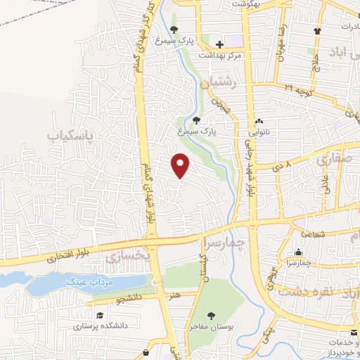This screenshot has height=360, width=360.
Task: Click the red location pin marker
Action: [x=181, y=165]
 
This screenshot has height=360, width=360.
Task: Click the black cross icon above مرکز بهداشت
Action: [x=220, y=44]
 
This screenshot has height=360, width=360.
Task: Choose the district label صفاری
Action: [x=331, y=159]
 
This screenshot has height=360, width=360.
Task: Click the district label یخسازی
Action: [x=128, y=257]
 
